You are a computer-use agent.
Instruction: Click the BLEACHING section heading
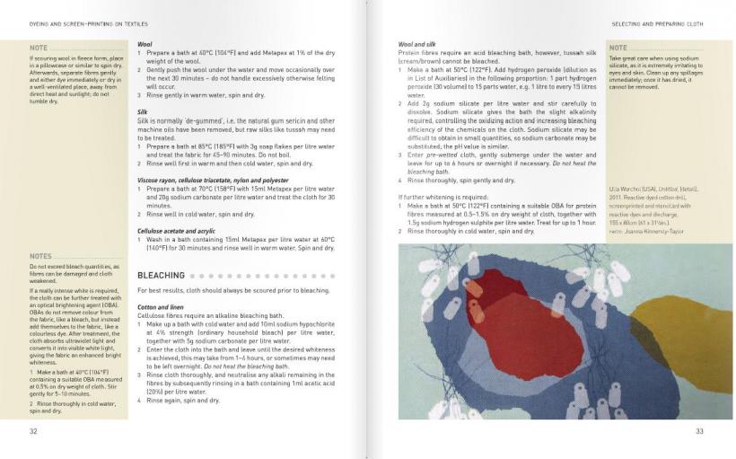[x=161, y=275]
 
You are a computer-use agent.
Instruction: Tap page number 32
[x=33, y=431]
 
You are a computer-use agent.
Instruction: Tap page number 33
[x=700, y=431]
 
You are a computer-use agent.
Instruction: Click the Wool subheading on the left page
[x=144, y=44]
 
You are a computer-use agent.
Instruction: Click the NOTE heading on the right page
[x=618, y=48]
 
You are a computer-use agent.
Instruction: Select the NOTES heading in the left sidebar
[x=40, y=257]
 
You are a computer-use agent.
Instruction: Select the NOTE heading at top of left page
[x=39, y=47]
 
